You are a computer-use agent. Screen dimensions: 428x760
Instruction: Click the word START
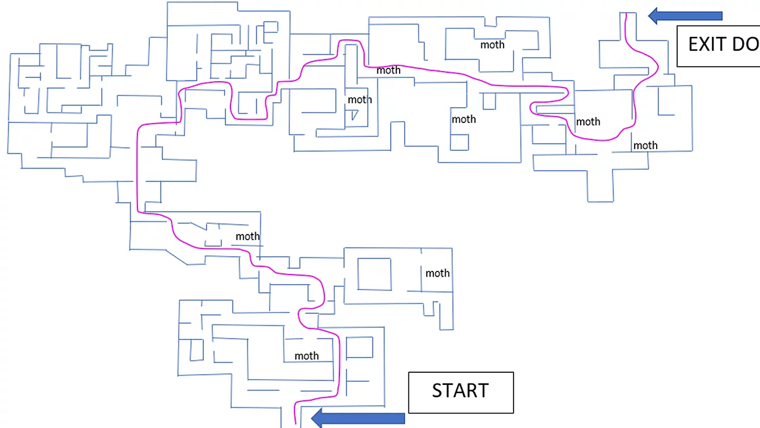(x=460, y=391)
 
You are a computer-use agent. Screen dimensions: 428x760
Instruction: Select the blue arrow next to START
(x=358, y=418)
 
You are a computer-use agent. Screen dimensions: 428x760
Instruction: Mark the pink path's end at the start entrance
(x=296, y=422)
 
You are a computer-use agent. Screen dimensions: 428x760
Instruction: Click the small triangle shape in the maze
(x=355, y=115)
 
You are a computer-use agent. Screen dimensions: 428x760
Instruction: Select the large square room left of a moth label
(x=374, y=273)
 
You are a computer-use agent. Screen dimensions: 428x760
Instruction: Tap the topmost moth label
(x=492, y=44)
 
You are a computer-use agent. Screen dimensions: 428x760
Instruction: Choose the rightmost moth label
(x=645, y=145)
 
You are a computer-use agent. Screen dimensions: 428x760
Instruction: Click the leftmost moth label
(x=248, y=237)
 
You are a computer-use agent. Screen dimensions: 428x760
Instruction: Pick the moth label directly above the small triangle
(x=360, y=100)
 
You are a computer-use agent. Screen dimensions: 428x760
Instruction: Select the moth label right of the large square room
(x=437, y=273)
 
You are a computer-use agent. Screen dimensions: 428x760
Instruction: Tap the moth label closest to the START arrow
(x=307, y=356)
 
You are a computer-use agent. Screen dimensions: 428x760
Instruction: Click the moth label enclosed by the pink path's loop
(x=588, y=121)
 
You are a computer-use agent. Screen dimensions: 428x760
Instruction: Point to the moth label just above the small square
(x=464, y=119)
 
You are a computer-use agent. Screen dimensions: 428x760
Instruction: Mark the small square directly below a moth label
(x=459, y=142)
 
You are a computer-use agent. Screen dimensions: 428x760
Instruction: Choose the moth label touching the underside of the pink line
(x=388, y=70)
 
